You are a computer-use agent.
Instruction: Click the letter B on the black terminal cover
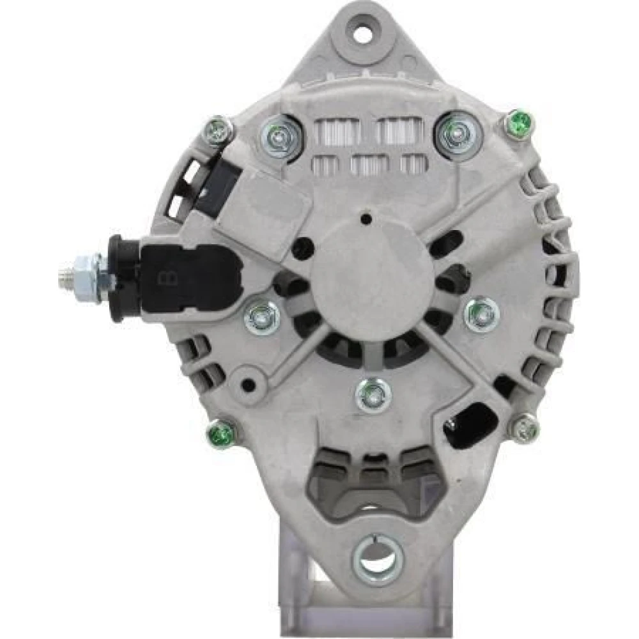point(167,280)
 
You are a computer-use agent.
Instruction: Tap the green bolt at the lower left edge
point(221,433)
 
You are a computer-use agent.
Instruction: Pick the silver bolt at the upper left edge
point(219,130)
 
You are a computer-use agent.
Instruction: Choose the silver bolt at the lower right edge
point(526,428)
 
